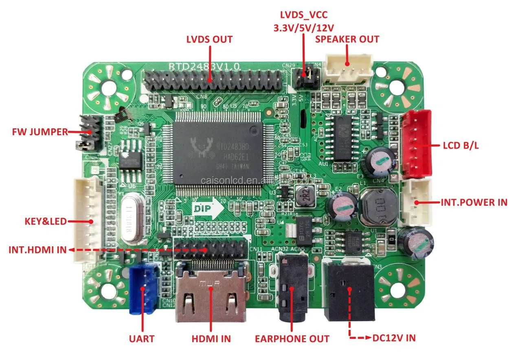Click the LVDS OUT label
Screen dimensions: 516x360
tap(209, 40)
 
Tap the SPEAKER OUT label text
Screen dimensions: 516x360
tap(347, 39)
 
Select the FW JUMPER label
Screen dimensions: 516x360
tap(40, 132)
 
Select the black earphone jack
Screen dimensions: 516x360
tap(293, 289)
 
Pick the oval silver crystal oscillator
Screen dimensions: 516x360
tap(131, 218)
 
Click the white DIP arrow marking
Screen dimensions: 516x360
tap(208, 209)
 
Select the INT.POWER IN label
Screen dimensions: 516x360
tap(474, 202)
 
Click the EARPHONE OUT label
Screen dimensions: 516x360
tap(292, 338)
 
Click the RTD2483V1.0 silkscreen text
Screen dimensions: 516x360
tap(204, 66)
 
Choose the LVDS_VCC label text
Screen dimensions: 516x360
tap(303, 15)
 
